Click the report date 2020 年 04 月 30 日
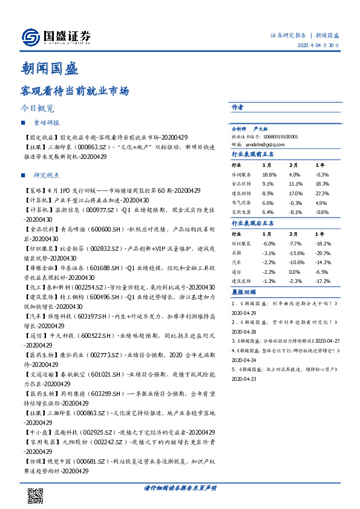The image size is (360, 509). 318,46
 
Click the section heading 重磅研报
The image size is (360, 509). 46,123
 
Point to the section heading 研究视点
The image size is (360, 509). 46,175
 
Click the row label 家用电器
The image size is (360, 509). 241,212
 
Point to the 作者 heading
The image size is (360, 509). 237,106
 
